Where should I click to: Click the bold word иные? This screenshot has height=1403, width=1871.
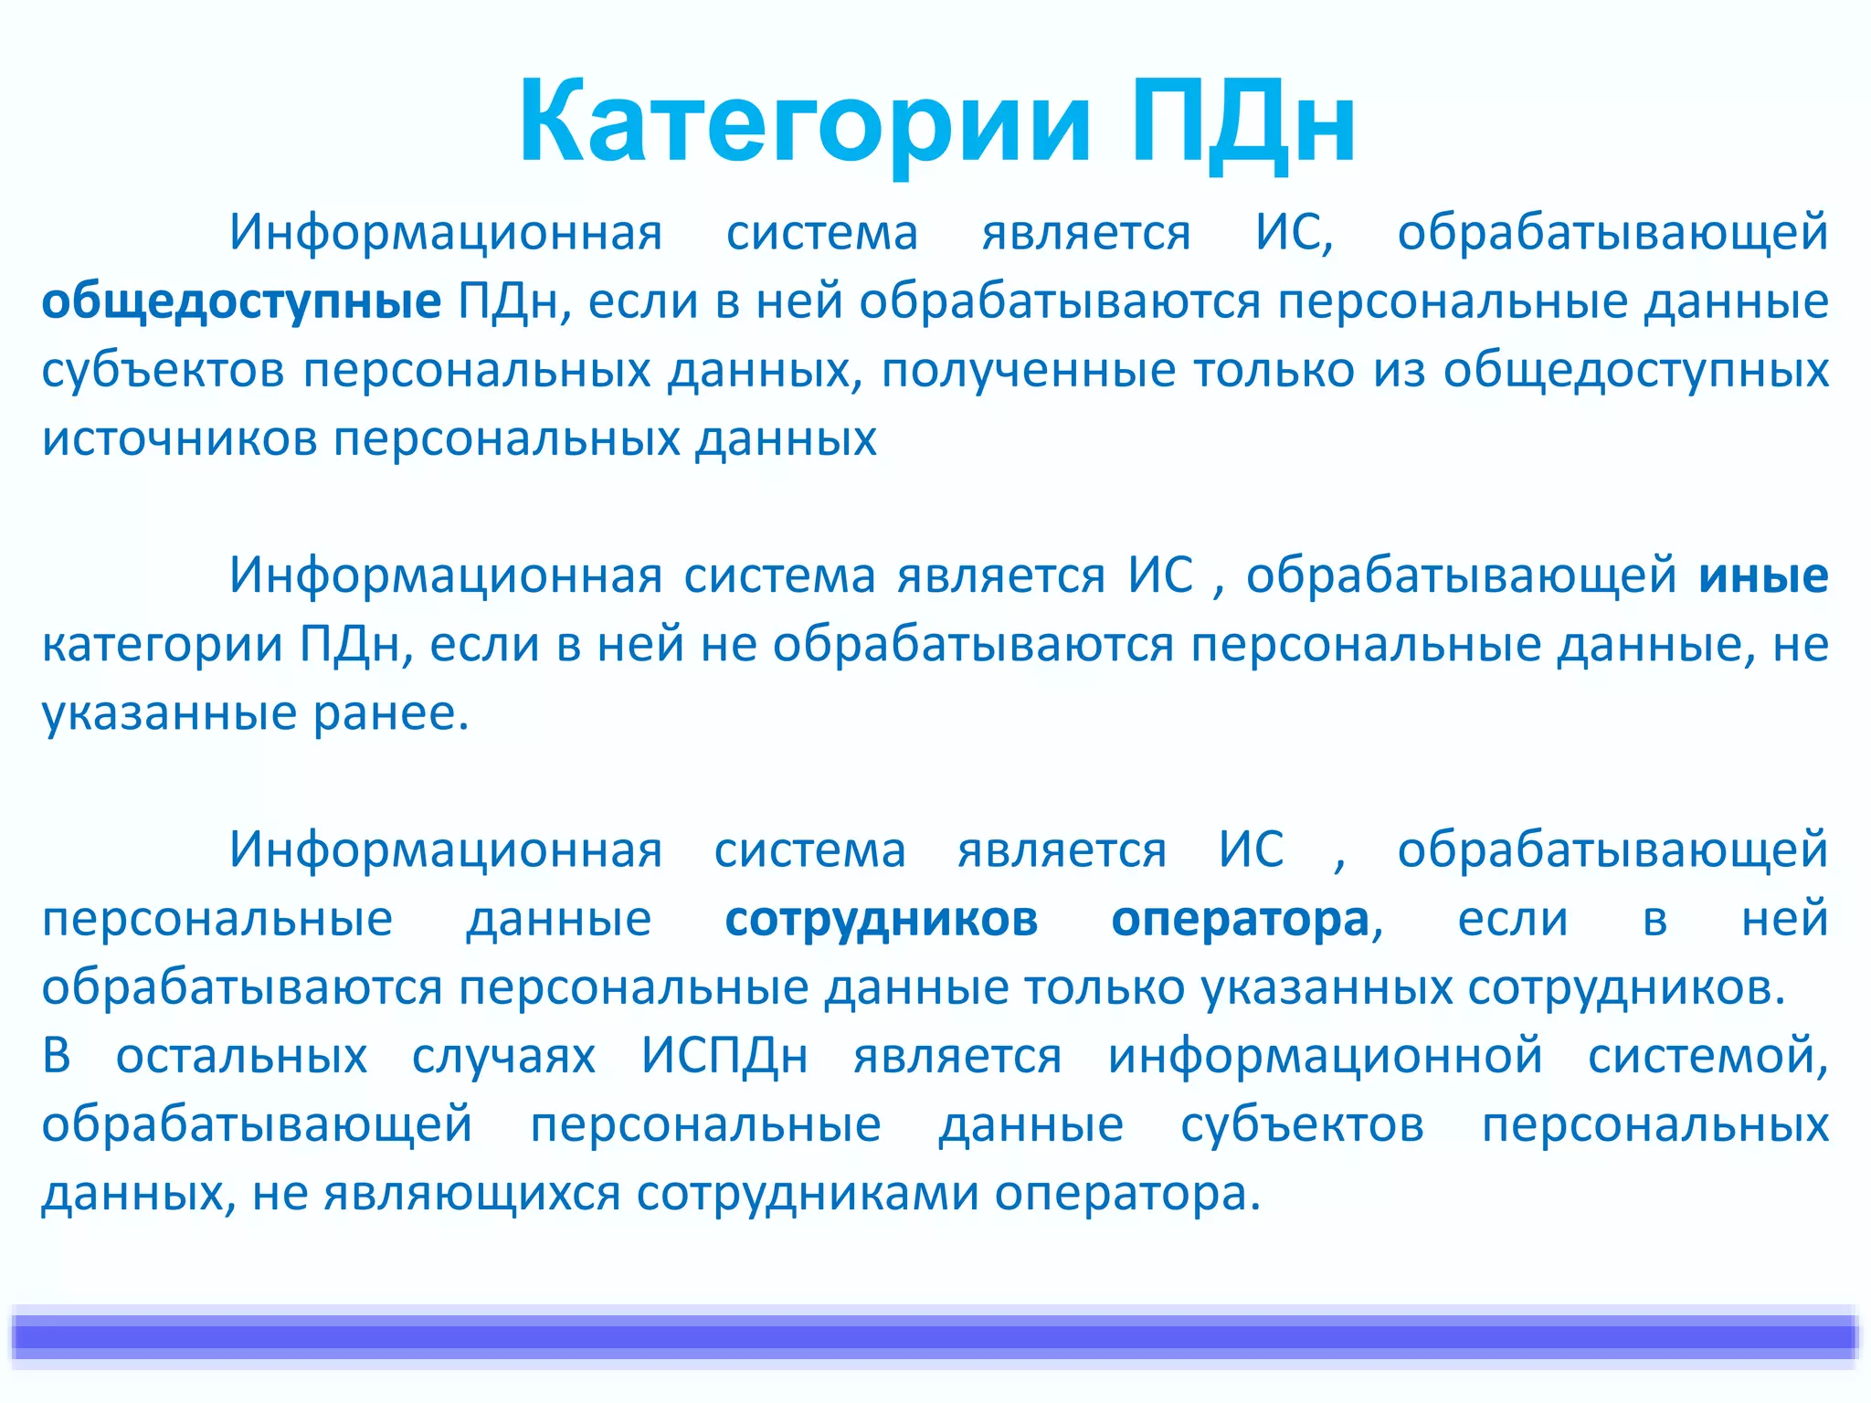tap(1763, 575)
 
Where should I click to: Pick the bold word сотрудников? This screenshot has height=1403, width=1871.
tap(881, 919)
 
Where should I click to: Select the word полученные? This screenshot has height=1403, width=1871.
tap(1029, 371)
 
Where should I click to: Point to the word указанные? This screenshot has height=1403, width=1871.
tap(170, 713)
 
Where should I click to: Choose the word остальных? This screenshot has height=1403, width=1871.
tap(241, 1056)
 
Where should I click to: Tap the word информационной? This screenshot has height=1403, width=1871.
tap(1325, 1056)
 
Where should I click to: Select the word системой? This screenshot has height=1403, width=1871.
tap(1707, 1056)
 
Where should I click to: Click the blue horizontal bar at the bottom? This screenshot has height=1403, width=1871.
tap(935, 1336)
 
